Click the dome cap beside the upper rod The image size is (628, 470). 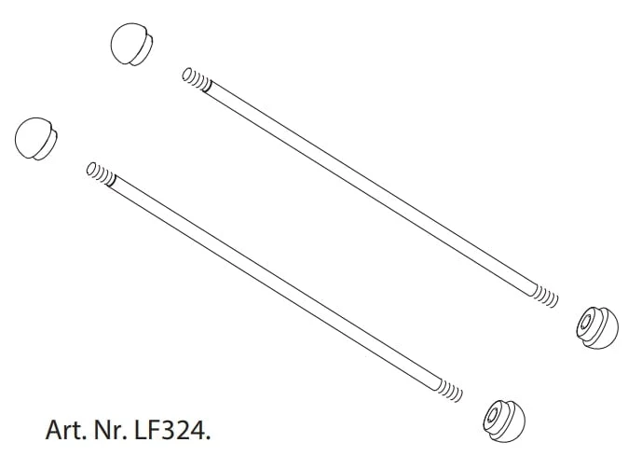[131, 44]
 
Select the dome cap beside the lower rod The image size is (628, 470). [35, 139]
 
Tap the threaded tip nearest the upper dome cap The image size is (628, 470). [197, 79]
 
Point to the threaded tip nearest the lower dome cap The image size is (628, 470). [101, 173]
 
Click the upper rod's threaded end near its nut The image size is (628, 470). [545, 296]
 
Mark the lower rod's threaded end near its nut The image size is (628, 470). [449, 390]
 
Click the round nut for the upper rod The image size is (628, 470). [597, 327]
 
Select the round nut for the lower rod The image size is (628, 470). [504, 421]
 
